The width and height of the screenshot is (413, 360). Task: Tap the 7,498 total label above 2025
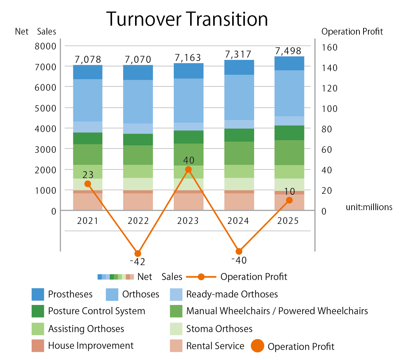[x=288, y=51]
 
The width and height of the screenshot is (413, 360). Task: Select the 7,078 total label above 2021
[x=88, y=60]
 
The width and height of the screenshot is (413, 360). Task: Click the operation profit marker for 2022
[x=138, y=253]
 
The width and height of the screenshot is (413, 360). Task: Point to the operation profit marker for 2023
[x=188, y=170]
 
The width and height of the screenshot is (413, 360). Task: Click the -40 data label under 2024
[x=239, y=260]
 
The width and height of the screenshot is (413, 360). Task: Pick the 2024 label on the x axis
[x=238, y=221]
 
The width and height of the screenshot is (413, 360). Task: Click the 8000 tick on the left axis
[x=45, y=46]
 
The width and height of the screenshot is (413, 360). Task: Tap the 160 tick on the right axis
[x=329, y=48]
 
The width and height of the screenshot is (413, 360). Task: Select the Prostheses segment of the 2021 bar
[x=88, y=72]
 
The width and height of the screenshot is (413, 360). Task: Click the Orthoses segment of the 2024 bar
[x=239, y=97]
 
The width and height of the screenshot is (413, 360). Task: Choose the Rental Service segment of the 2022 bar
[x=138, y=202]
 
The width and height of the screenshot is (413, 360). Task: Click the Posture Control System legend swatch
[x=38, y=311]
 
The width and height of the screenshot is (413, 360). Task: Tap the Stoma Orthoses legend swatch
[x=176, y=329]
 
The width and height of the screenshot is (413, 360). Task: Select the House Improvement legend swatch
[x=38, y=346]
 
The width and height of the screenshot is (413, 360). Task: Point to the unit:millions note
[x=369, y=207]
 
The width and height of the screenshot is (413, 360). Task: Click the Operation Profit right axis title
[x=352, y=32]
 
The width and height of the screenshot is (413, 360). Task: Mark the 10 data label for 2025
[x=289, y=192]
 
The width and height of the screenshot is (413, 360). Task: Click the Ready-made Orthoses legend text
[x=232, y=294]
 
